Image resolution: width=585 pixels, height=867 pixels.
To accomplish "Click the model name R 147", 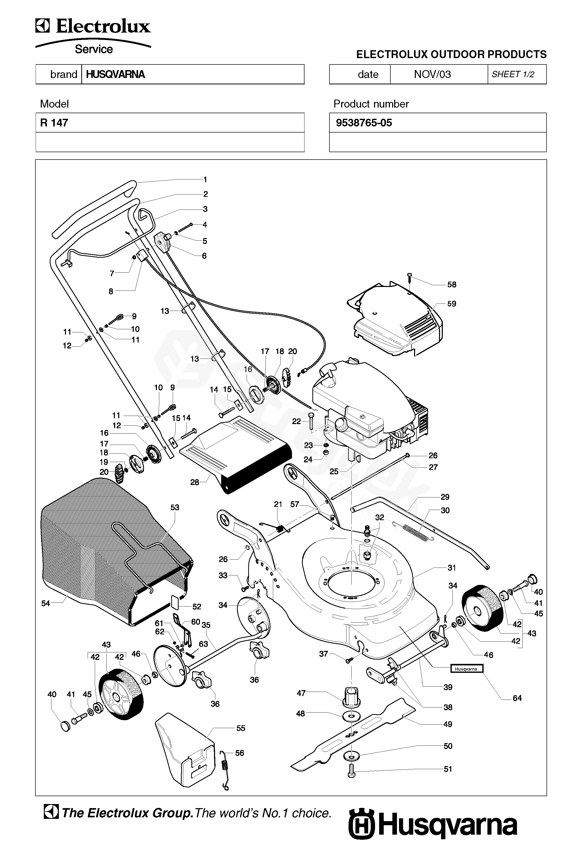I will coord(54,123).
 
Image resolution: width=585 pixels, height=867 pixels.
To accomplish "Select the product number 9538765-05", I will coord(364,123).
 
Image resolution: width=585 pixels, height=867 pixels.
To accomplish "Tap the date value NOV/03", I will coord(432,74).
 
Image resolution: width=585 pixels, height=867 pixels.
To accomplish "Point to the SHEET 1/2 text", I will coord(513,74).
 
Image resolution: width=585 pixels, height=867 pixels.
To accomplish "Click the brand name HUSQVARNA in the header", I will coord(115,74).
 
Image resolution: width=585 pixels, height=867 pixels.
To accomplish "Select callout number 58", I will coord(451,285).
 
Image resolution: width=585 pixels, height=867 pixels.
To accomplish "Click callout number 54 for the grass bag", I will coord(46,603).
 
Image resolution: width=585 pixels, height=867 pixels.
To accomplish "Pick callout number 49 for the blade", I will coord(448,724).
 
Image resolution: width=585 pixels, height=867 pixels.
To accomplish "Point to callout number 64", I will coord(517,698).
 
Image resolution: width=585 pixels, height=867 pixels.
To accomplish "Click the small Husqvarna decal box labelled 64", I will coord(466,669).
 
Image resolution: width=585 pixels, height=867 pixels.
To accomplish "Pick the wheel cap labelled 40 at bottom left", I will coord(65,726).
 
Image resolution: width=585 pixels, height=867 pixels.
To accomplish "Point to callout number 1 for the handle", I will coord(205,179).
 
